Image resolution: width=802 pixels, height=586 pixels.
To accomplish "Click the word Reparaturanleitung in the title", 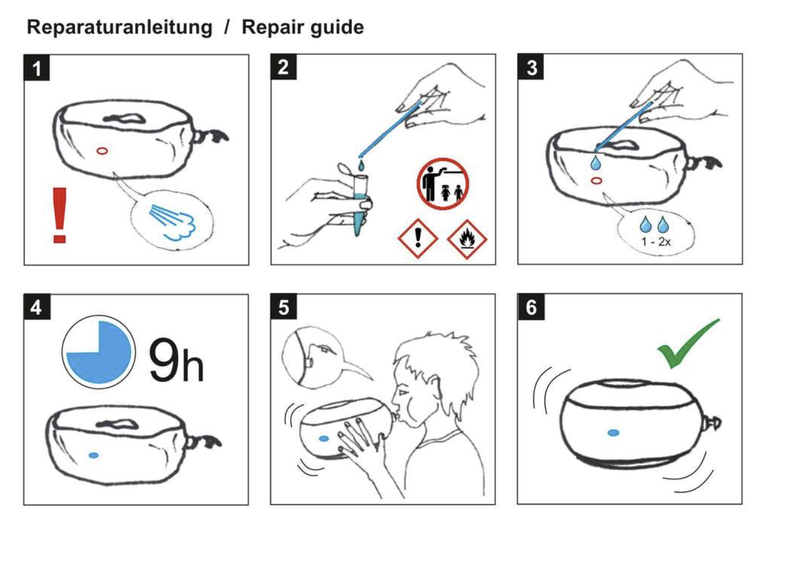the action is [120, 28].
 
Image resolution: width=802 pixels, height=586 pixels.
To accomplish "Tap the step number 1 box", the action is [37, 67].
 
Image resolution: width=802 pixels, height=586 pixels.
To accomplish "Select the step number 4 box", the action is [37, 307].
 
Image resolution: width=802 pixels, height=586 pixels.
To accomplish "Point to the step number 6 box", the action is [531, 307].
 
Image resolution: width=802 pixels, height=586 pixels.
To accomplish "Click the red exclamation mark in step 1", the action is [60, 215].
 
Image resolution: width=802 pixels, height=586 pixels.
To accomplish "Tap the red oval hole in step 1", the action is [102, 151].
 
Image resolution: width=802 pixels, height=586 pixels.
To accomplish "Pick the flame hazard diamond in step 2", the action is [467, 239].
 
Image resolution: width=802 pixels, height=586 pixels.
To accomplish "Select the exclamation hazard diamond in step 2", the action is [418, 238].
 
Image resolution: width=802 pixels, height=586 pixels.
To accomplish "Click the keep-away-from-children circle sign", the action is [443, 184].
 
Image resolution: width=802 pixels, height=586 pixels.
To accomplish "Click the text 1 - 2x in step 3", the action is [656, 242].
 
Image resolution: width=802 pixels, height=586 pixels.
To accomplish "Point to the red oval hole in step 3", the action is [596, 180].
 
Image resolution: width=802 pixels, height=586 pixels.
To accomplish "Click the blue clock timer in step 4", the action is [99, 352].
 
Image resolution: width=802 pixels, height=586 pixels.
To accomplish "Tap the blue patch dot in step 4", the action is [93, 455].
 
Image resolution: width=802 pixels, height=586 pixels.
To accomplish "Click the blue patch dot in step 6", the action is [613, 433].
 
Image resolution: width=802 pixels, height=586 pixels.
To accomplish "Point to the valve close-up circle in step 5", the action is [310, 357].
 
